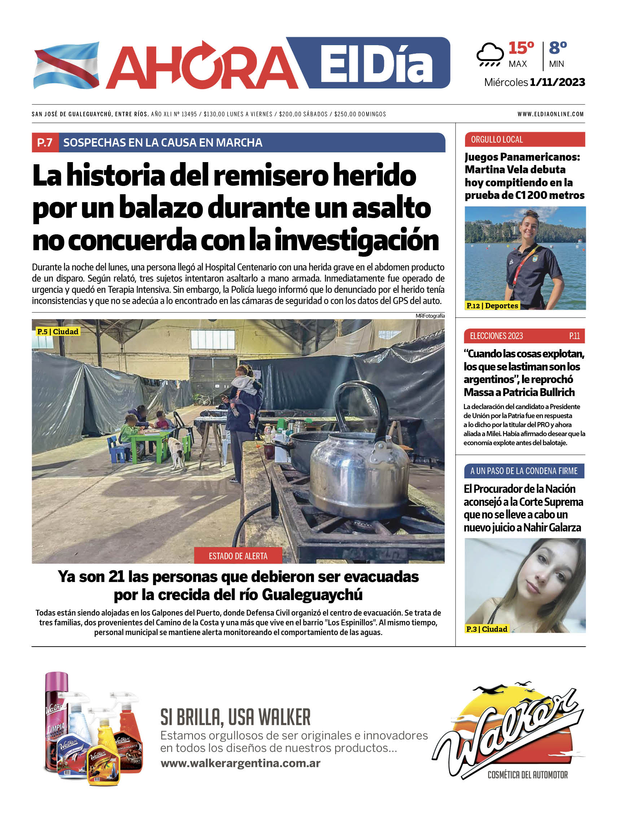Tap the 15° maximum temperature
pos(521,48)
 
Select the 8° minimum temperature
pos(557,48)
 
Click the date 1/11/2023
pos(557,82)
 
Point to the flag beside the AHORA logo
pos(67,65)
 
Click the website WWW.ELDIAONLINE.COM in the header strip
pos(551,114)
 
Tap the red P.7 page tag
pos(45,143)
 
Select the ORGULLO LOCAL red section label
pos(497,140)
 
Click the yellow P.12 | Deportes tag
pos(492,306)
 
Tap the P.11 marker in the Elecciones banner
pos(574,336)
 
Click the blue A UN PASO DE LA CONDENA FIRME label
pos(524,471)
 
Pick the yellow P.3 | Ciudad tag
pos(486,629)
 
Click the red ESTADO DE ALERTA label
pos(238,556)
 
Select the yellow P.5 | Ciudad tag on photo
pos(58,331)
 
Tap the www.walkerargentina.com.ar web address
pos(240,763)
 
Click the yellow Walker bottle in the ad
pos(103,755)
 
